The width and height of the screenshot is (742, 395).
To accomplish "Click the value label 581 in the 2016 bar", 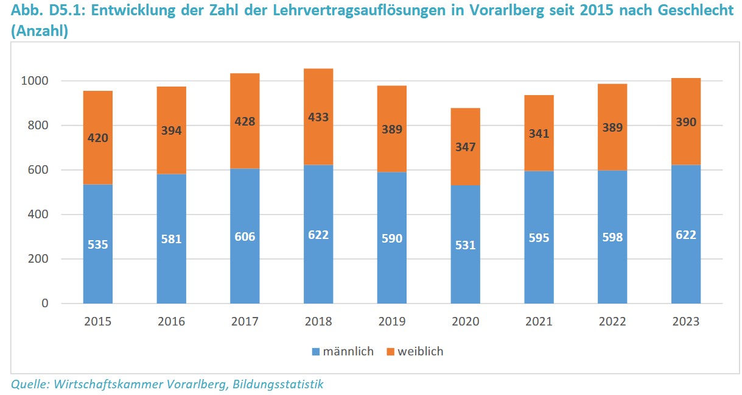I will pyautogui.click(x=171, y=239).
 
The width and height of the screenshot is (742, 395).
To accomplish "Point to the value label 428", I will pyautogui.click(x=245, y=122).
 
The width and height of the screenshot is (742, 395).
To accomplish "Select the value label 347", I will pyautogui.click(x=465, y=147).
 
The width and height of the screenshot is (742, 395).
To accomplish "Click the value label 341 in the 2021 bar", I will pyautogui.click(x=539, y=133).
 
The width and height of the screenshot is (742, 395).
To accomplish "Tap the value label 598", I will pyautogui.click(x=612, y=237).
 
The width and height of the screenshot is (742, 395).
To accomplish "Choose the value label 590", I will pyautogui.click(x=392, y=238).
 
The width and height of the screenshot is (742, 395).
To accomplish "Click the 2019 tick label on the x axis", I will pyautogui.click(x=392, y=322).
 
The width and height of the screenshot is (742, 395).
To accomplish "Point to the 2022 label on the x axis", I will pyautogui.click(x=612, y=322).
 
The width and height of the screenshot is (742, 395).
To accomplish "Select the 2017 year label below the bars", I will pyautogui.click(x=245, y=322).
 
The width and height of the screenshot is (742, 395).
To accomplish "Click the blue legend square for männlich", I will pyautogui.click(x=315, y=352).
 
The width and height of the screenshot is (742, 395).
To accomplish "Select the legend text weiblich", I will pyautogui.click(x=421, y=352).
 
